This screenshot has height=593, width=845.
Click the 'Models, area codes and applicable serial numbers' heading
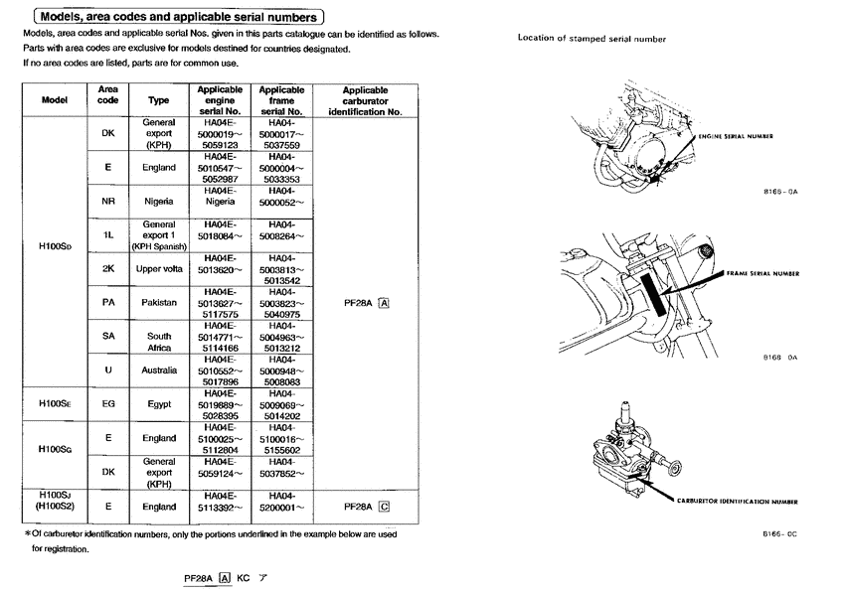click(x=178, y=17)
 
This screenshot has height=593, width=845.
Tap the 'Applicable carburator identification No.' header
click(x=364, y=100)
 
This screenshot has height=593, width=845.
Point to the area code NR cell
click(x=108, y=202)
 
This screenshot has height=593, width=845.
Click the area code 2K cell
click(x=108, y=268)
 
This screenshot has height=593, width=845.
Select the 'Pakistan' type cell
click(x=159, y=301)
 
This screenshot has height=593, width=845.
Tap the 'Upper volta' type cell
click(x=159, y=268)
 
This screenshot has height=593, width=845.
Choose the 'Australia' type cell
click(x=159, y=371)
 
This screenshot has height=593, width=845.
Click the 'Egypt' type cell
click(x=159, y=405)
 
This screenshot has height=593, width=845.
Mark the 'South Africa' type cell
click(x=159, y=342)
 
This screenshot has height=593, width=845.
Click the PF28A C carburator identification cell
click(x=366, y=506)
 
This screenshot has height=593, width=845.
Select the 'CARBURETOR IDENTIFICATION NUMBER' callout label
click(x=738, y=503)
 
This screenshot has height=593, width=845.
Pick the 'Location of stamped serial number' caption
click(x=591, y=39)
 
